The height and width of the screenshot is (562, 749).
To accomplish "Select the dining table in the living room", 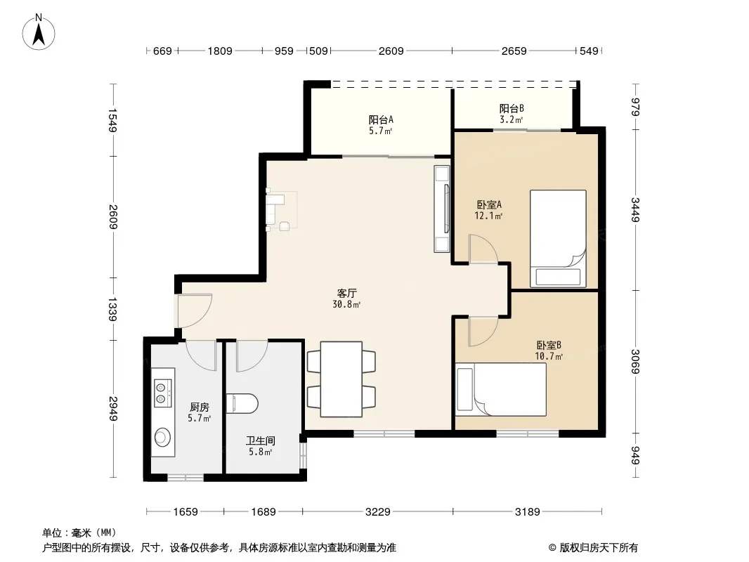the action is (x=341, y=379).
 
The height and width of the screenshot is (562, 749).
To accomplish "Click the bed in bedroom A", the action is (x=558, y=239).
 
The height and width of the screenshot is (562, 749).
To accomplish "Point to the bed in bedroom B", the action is (x=500, y=389).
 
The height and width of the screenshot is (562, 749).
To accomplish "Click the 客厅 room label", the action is (x=347, y=293).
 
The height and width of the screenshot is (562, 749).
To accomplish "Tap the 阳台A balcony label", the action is (x=381, y=119).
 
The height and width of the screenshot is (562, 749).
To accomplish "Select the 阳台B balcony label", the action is (x=512, y=108).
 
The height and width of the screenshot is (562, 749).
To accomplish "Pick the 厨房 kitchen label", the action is (x=199, y=407).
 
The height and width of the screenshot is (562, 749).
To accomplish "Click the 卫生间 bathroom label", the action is (x=261, y=440).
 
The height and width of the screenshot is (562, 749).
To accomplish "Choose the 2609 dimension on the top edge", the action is (x=391, y=51).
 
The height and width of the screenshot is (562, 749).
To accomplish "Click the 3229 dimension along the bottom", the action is (x=378, y=512).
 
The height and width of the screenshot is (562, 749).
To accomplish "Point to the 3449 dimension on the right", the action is (x=635, y=209).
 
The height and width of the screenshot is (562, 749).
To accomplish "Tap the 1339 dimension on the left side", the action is (x=113, y=309).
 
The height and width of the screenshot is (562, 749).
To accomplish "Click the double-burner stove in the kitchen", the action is (x=162, y=393).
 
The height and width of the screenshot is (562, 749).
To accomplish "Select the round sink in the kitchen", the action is (x=162, y=437).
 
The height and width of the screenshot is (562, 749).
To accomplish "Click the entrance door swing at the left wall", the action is (x=195, y=311).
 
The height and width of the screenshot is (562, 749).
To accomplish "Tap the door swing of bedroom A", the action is (x=483, y=249).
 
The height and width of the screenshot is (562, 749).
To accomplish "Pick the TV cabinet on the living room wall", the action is (x=442, y=209).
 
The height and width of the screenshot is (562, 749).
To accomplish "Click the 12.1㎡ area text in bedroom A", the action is (x=488, y=216).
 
